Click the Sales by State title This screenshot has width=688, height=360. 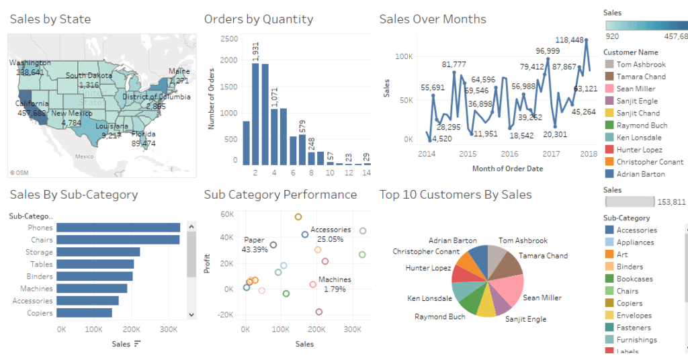[50, 19]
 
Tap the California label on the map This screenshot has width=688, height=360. [32, 103]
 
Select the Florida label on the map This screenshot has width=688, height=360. [143, 134]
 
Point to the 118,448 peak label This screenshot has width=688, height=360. [571, 40]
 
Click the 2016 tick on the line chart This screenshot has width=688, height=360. [509, 154]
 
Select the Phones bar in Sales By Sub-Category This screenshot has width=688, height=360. [118, 228]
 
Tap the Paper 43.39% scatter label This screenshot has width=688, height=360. [255, 244]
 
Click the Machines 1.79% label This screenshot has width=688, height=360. [335, 284]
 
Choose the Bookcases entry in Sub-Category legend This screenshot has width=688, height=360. [635, 279]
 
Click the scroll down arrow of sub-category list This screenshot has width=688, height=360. [191, 314]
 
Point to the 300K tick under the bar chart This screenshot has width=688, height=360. [170, 330]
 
